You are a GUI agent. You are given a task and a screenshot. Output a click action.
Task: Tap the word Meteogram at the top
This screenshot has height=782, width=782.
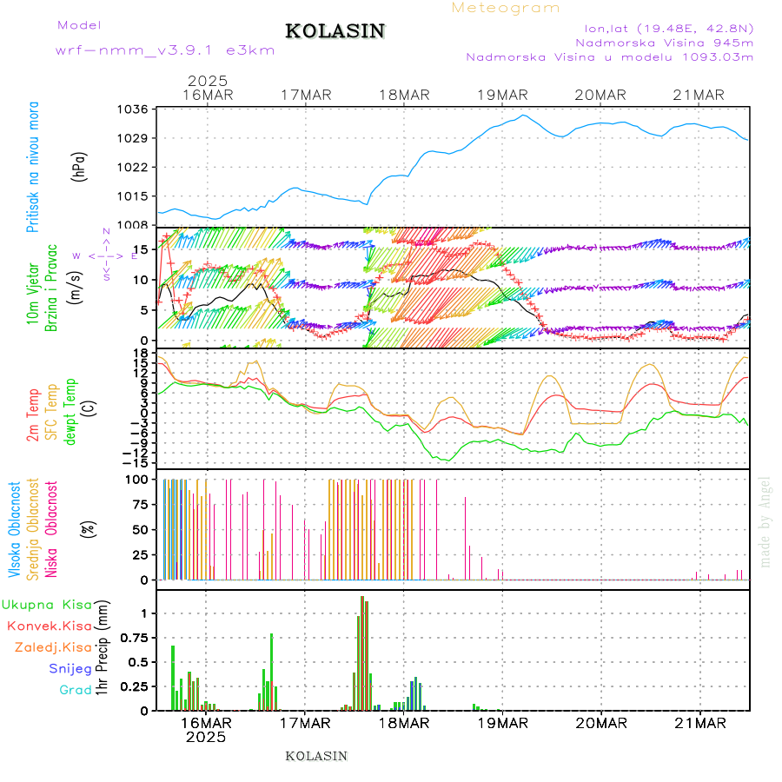(x=506, y=8)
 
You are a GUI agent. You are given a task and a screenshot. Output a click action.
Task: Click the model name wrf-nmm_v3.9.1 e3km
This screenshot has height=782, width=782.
(x=165, y=50)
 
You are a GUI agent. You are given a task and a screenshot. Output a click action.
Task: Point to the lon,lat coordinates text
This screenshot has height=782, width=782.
(x=668, y=27)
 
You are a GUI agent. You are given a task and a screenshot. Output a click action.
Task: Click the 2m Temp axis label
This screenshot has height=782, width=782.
(x=34, y=416)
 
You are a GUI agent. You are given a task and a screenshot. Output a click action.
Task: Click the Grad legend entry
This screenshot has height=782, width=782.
(x=76, y=690)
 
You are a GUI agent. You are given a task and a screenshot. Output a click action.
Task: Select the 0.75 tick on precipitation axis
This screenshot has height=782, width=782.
(x=133, y=638)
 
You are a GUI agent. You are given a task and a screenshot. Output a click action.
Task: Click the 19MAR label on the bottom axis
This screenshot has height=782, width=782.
(x=501, y=723)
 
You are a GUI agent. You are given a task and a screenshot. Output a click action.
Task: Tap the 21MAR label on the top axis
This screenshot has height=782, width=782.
(x=699, y=95)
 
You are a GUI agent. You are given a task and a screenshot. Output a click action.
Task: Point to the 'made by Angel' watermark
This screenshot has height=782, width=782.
(x=765, y=522)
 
